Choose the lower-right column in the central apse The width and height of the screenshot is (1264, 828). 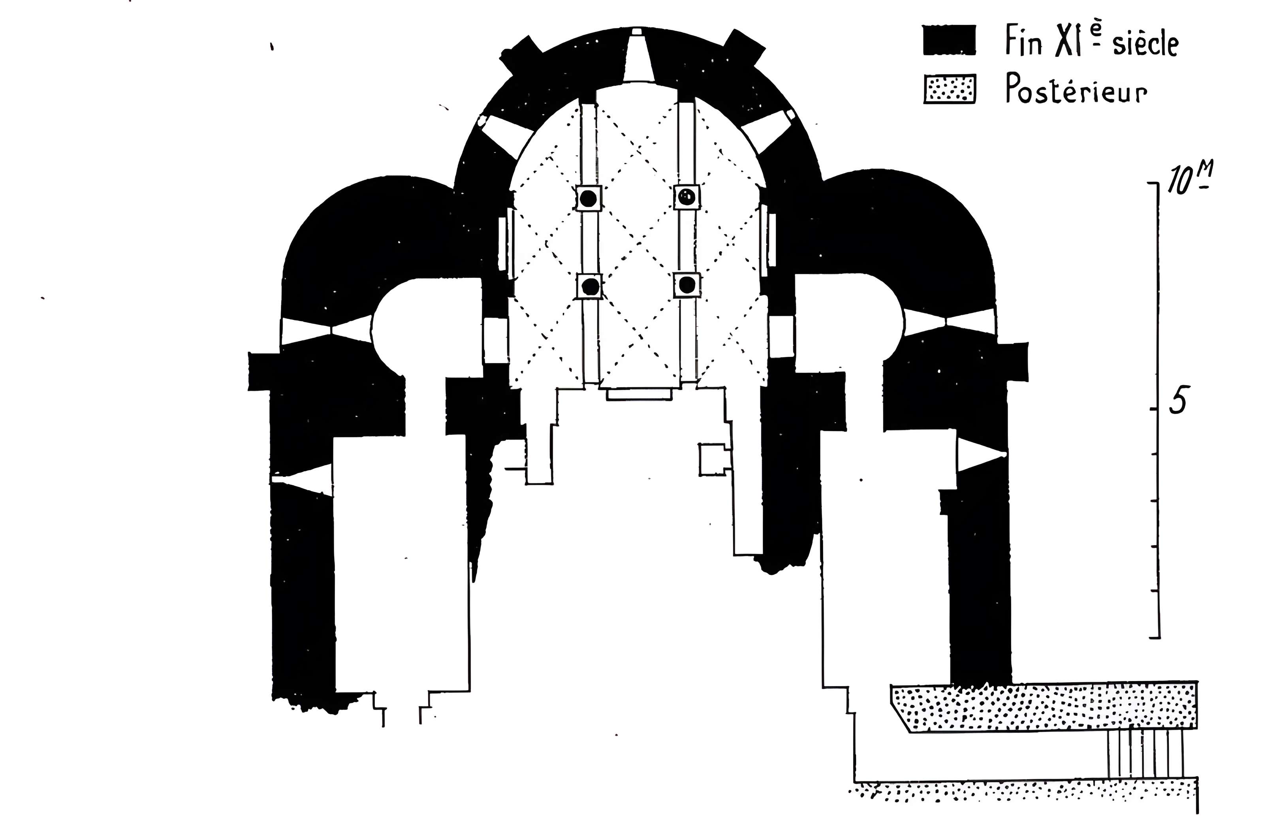(687, 285)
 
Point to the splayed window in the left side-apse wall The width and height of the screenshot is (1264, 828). (326, 330)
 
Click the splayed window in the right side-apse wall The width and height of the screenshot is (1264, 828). (949, 322)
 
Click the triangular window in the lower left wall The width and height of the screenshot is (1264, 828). (302, 479)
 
